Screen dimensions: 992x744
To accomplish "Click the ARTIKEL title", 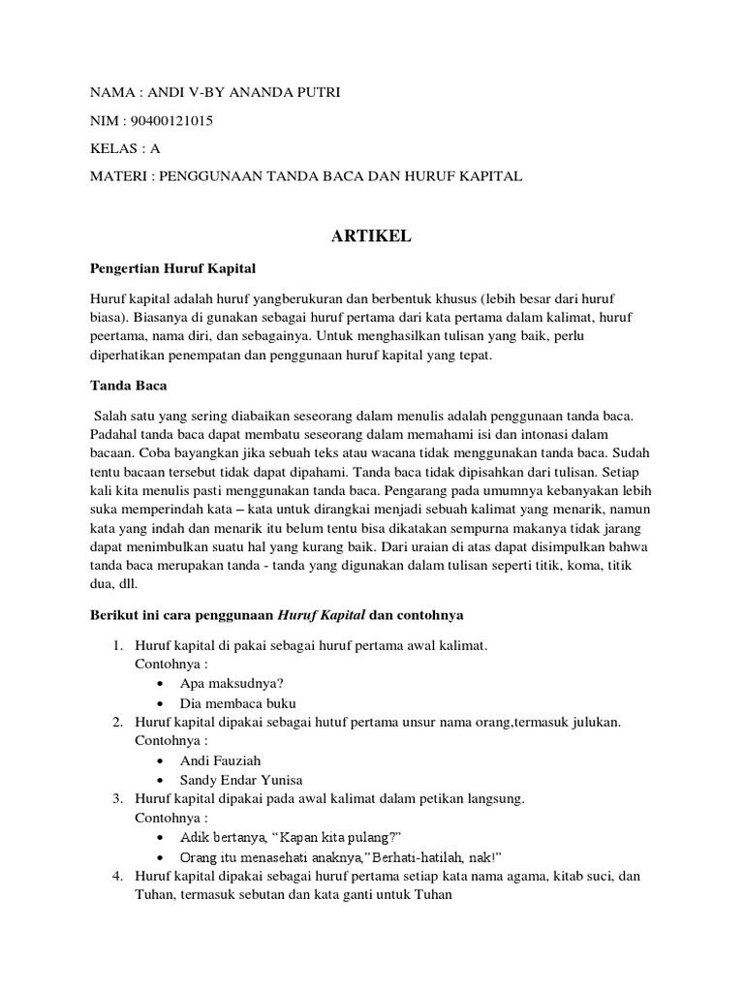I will click(x=371, y=237).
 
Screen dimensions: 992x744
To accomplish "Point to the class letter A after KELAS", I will click(x=155, y=149).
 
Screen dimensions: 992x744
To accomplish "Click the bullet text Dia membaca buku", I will click(x=237, y=703).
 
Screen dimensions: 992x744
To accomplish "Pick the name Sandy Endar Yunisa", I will click(x=240, y=780).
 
